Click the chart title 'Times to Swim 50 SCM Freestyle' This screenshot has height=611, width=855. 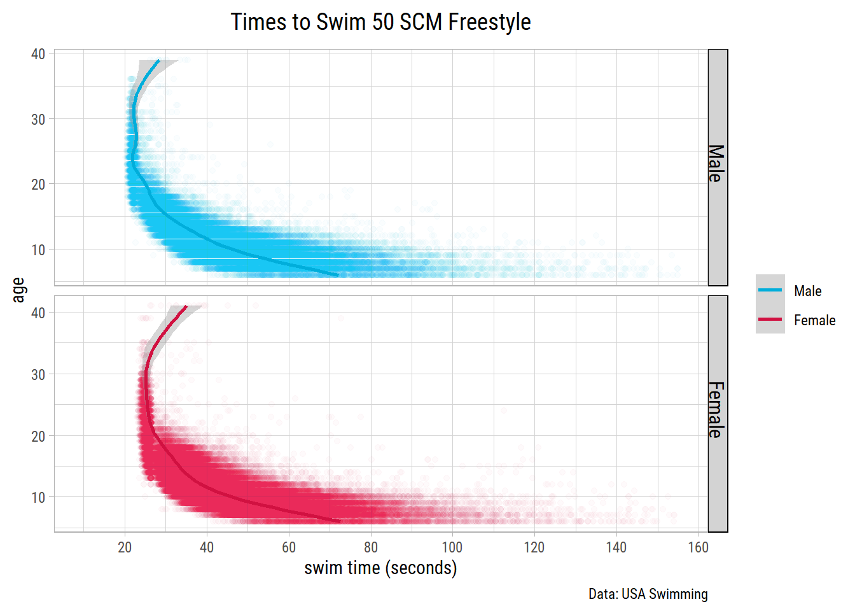pos(380,22)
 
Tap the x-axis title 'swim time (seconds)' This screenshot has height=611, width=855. pos(380,568)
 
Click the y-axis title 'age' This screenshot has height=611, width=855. pos(18,290)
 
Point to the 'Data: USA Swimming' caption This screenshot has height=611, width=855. pos(648,594)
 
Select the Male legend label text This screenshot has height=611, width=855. pos(807,291)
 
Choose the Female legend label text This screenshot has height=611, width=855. pos(814,320)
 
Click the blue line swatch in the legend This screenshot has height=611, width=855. pos(770,290)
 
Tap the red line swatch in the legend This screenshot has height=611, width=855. pos(770,320)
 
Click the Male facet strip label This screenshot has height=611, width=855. pos(717,164)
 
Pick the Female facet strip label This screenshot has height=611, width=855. pos(717,410)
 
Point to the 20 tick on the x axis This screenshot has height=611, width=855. pos(125,547)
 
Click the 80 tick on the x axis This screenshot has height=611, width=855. pos(370,547)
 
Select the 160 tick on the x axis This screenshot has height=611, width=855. pos(698,547)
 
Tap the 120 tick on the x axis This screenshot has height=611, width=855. pos(534,547)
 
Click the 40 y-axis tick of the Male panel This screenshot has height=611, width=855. pos(38,54)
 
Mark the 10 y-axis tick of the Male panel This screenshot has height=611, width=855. pos(38,249)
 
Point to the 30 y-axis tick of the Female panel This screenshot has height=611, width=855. pos(38,374)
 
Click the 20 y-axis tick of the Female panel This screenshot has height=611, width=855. pos(38,436)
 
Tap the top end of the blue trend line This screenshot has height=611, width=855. pos(158,60)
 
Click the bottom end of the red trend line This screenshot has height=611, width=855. pos(339,521)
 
